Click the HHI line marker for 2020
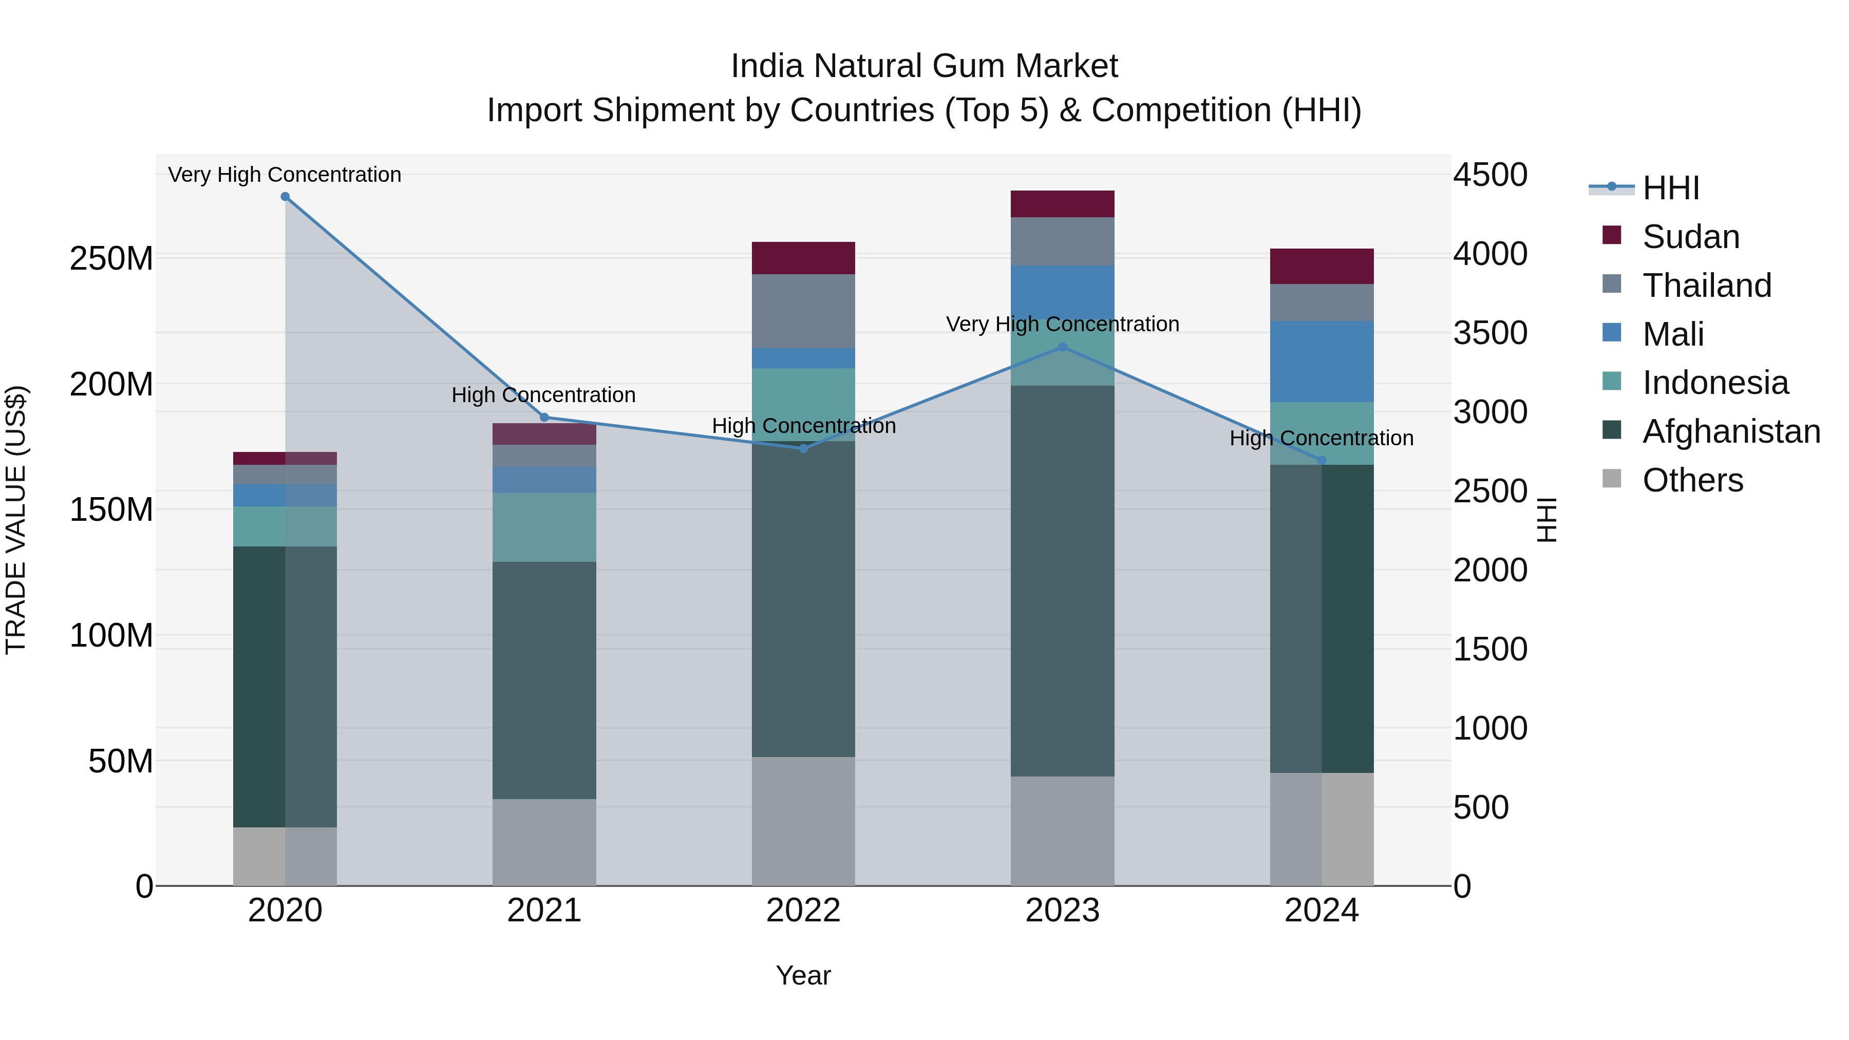[285, 197]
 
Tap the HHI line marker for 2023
[1062, 347]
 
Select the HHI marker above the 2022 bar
[803, 448]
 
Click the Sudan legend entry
[1690, 237]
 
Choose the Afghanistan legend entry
[1730, 431]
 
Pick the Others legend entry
[1692, 480]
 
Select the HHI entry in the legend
[1670, 188]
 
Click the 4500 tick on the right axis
[1490, 175]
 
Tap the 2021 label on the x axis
[544, 911]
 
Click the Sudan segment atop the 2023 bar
[1062, 204]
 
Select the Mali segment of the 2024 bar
[1322, 361]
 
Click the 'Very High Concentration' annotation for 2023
[1062, 325]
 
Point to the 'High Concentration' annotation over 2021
[543, 395]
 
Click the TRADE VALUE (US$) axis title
[16, 520]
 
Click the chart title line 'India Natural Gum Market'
[924, 66]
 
